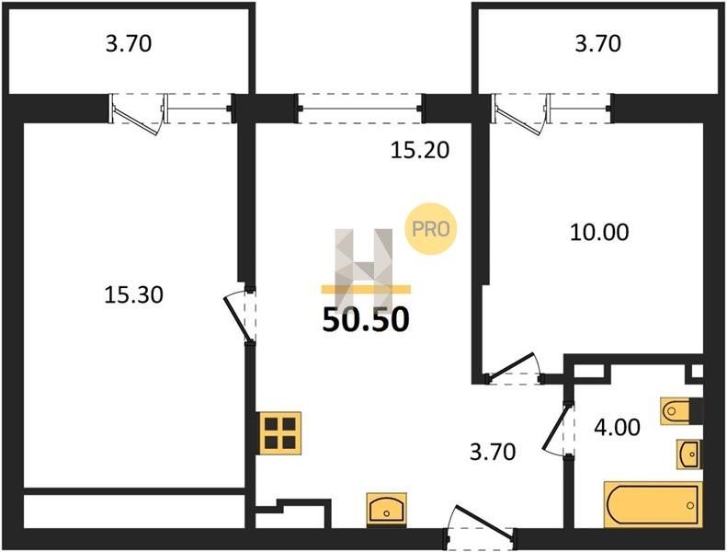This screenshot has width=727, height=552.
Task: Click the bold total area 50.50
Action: (366, 320)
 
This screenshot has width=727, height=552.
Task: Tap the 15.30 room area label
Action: (133, 294)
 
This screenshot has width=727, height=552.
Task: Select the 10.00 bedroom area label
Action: (599, 232)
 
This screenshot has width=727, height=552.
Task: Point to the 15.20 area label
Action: (420, 150)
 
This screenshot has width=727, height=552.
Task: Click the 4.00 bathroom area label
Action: (617, 427)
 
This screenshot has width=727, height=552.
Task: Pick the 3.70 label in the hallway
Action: (493, 452)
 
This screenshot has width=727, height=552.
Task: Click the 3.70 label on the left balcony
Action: (129, 43)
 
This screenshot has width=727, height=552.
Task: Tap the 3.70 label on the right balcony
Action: (598, 43)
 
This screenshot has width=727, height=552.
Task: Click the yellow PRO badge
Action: (431, 229)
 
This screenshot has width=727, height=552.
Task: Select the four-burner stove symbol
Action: (280, 433)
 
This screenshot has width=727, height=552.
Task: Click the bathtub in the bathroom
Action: (653, 505)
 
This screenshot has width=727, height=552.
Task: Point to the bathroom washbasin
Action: (689, 454)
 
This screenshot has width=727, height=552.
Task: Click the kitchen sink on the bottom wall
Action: (387, 510)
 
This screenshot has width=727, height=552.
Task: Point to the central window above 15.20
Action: (359, 109)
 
